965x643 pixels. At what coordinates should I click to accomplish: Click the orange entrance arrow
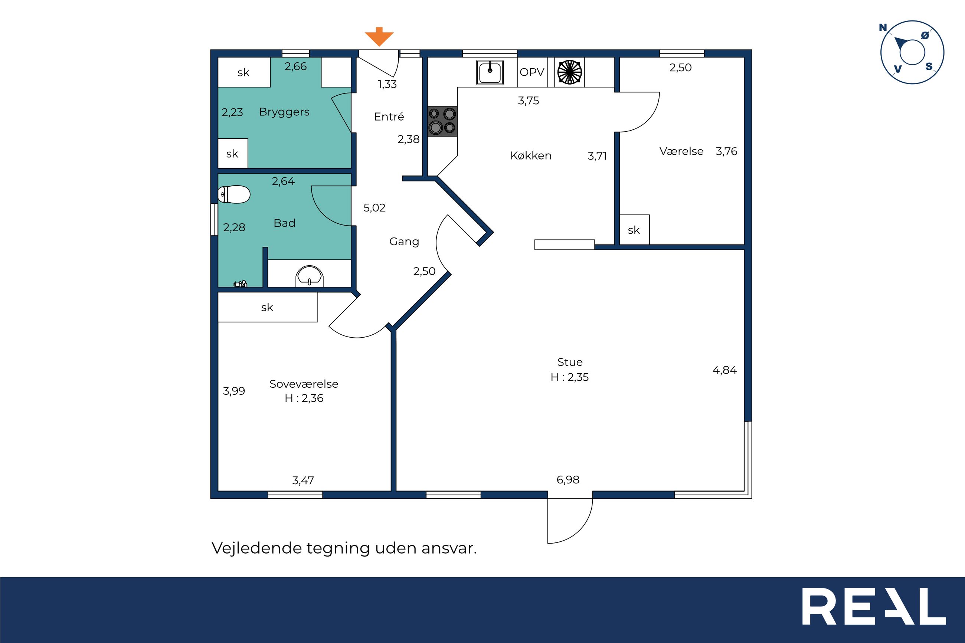tap(379, 36)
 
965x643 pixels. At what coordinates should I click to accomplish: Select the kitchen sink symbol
tap(490, 72)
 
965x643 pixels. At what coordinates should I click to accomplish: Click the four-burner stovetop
tap(442, 121)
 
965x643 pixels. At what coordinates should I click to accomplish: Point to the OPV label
tap(531, 72)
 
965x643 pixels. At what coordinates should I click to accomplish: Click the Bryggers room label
tap(284, 112)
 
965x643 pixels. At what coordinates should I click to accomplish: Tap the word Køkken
tap(531, 155)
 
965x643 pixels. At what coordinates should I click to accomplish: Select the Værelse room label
tap(681, 151)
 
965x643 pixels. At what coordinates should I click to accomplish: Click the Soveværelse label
tap(304, 384)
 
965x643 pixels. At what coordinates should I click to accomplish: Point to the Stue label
tap(570, 362)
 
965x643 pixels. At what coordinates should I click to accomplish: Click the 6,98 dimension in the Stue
tap(568, 479)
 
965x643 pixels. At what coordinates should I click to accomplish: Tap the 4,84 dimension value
tap(724, 370)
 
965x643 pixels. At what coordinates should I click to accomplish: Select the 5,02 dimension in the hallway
tap(374, 208)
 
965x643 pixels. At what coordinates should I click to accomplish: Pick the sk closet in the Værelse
tap(634, 230)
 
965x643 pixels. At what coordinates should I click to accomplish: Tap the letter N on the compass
tap(883, 28)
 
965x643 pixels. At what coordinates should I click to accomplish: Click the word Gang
tap(404, 242)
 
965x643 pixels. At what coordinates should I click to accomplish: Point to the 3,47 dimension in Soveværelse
tap(303, 480)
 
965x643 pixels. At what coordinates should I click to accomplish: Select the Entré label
tap(389, 117)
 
